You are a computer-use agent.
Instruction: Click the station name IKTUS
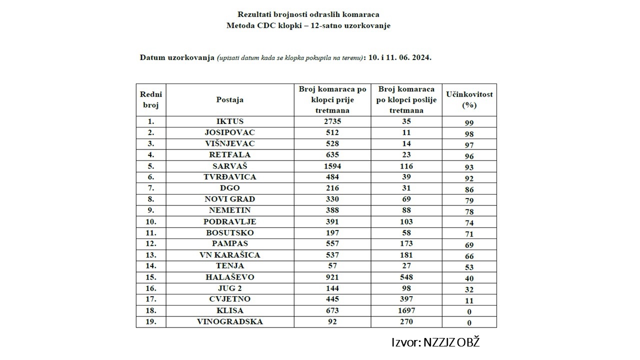pyautogui.click(x=230, y=121)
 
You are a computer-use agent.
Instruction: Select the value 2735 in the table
pyautogui.click(x=332, y=121)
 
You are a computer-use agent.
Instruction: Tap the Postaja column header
pyautogui.click(x=230, y=99)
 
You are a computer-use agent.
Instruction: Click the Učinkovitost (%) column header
pyautogui.click(x=469, y=99)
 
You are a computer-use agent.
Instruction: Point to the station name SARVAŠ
pyautogui.click(x=230, y=166)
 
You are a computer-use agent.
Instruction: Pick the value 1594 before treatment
pyautogui.click(x=332, y=166)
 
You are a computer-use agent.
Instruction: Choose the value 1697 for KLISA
pyautogui.click(x=406, y=310)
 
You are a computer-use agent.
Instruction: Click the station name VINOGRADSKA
pyautogui.click(x=230, y=321)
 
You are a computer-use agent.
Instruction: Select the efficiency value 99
pyautogui.click(x=469, y=122)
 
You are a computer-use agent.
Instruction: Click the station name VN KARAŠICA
pyautogui.click(x=230, y=255)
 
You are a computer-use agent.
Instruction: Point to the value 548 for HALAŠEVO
pyautogui.click(x=406, y=277)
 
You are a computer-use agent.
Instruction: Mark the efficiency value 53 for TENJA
pyautogui.click(x=469, y=267)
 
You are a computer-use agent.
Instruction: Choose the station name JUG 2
pyautogui.click(x=230, y=288)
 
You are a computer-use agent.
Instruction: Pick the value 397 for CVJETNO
pyautogui.click(x=406, y=299)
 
